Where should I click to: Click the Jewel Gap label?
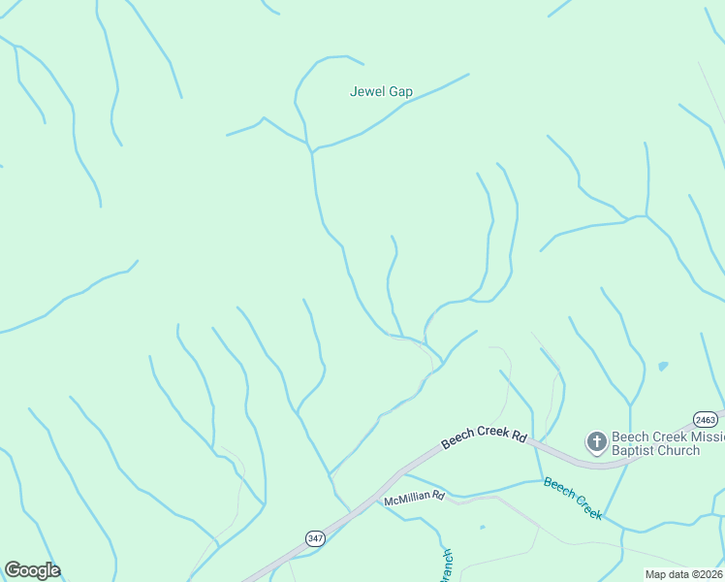(x=381, y=92)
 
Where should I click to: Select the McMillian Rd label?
(x=414, y=498)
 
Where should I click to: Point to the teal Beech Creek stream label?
(x=573, y=498)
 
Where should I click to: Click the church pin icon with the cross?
(x=596, y=443)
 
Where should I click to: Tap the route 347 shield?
(x=315, y=536)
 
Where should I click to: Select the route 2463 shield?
(x=706, y=419)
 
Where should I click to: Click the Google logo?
(x=32, y=570)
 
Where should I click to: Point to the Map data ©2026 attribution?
(x=684, y=574)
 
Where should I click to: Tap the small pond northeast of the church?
(x=662, y=367)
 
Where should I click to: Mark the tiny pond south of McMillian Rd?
(x=482, y=529)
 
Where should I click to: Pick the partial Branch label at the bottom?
(x=447, y=564)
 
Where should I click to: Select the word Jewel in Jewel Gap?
(x=366, y=92)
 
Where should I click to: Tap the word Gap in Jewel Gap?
(x=400, y=92)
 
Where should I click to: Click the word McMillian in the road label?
(x=406, y=498)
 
